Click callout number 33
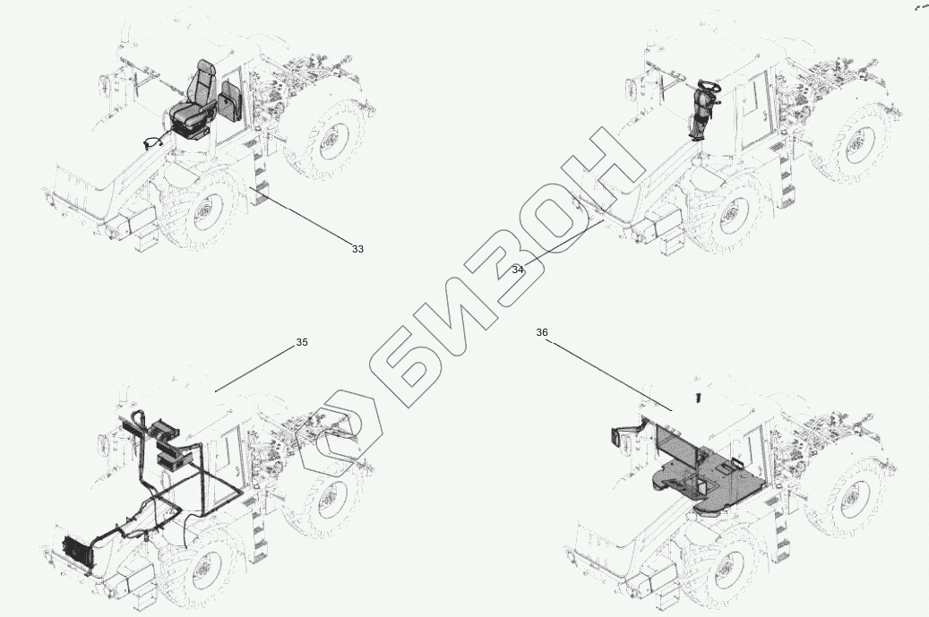pyautogui.click(x=357, y=249)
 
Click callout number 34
pyautogui.click(x=518, y=270)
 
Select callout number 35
pyautogui.click(x=302, y=342)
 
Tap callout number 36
pyautogui.click(x=542, y=333)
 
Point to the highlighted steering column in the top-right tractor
pyautogui.click(x=702, y=113)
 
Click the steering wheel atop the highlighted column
pyautogui.click(x=710, y=87)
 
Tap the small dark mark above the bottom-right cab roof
pyautogui.click(x=699, y=398)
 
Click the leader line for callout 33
pyautogui.click(x=302, y=215)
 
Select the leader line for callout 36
pyautogui.click(x=609, y=375)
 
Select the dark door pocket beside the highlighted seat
pyautogui.click(x=229, y=102)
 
